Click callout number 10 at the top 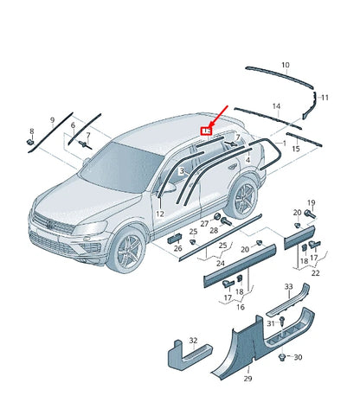286,65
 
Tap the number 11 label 325,99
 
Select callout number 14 276,106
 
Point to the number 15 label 295,150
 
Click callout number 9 52,118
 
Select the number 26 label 177,249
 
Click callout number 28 213,232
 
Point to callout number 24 221,263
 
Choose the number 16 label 240,306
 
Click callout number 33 288,286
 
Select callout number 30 299,357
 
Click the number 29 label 247,379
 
